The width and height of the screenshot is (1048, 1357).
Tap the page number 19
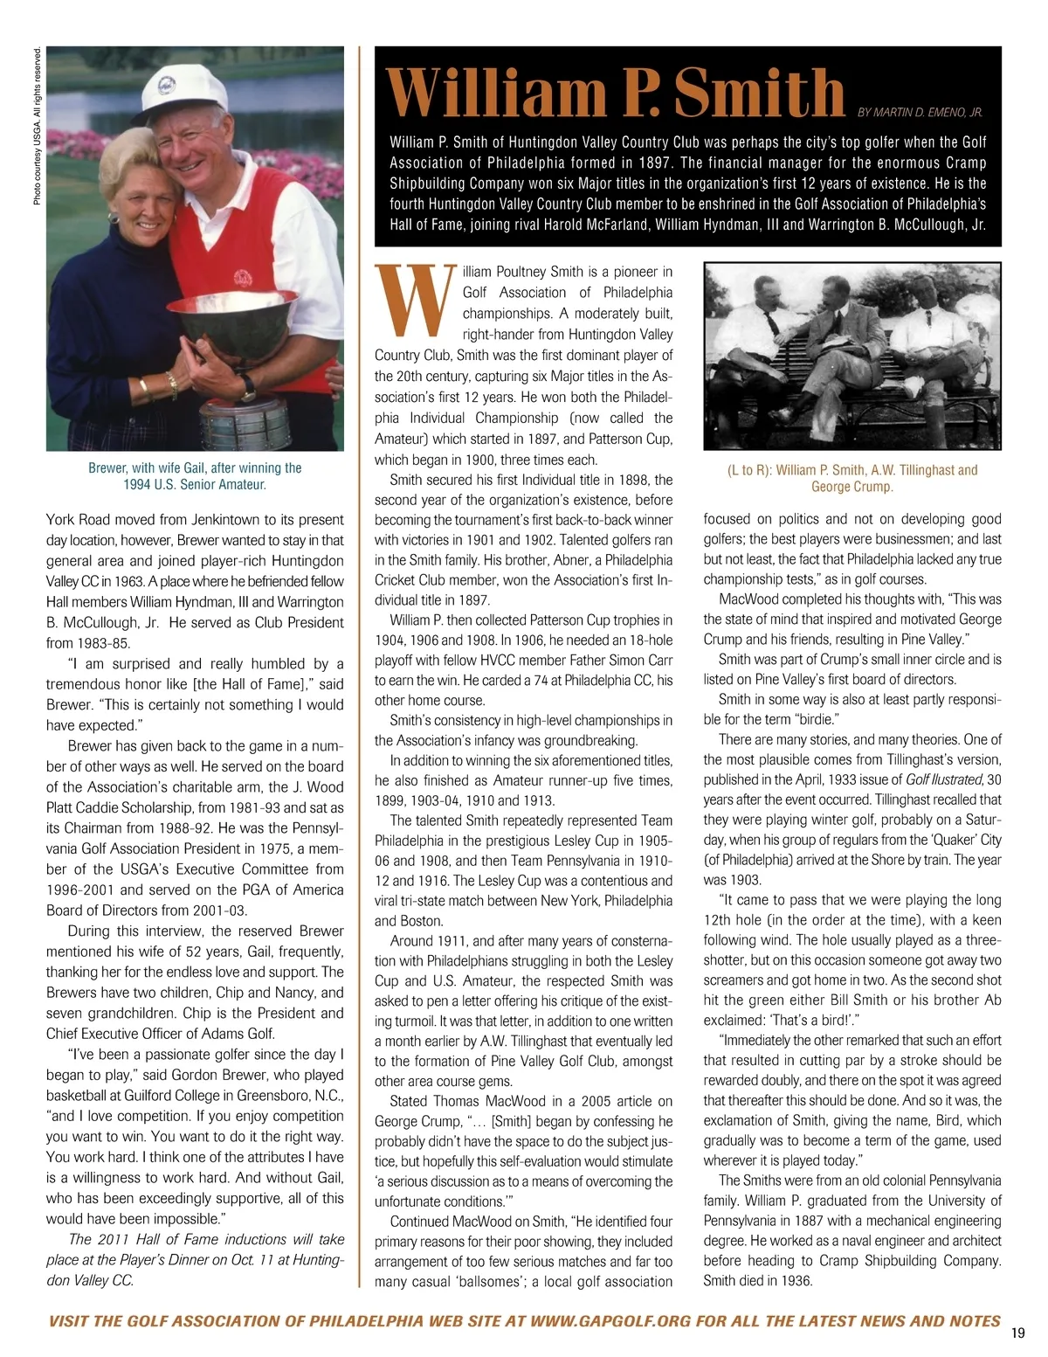pos(1017,1333)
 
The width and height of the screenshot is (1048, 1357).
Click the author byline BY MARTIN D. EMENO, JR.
pos(920,113)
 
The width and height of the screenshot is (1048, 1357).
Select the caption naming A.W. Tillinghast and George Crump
pos(852,478)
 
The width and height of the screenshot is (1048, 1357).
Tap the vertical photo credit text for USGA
pos(37,126)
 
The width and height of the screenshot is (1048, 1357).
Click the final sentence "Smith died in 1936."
pos(757,1281)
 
